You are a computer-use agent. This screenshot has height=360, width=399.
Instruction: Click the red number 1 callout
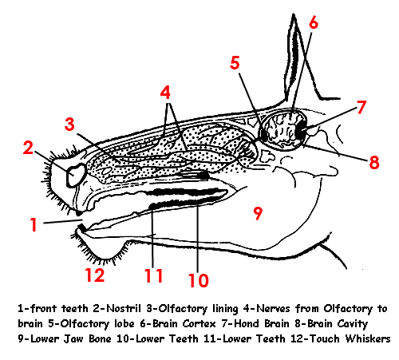pos(34,224)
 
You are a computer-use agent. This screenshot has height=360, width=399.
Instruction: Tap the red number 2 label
pos(28,148)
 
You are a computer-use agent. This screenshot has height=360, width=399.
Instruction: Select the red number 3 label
pos(69,125)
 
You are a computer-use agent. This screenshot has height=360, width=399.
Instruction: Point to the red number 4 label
pos(165,93)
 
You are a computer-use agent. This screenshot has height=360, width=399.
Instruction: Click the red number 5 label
pos(235,63)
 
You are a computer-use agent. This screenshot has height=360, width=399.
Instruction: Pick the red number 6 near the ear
pos(314,22)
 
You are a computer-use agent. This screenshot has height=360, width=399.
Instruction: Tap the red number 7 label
pos(361,107)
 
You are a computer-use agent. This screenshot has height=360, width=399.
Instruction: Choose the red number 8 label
pos(374,162)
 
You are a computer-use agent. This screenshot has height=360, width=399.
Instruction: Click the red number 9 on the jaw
pos(258,213)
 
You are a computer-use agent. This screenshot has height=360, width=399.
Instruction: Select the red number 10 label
pos(199,280)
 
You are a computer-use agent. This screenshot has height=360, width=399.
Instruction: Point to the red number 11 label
pos(153,275)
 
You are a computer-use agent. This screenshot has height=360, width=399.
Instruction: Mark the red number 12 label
pos(95,275)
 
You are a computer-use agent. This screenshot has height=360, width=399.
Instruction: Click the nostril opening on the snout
pos(76,176)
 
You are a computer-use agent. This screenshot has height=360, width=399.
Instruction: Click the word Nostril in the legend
pos(124,309)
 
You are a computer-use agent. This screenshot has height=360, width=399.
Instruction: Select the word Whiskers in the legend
pos(368,338)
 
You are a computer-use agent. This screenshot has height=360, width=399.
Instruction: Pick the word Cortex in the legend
pos(199,324)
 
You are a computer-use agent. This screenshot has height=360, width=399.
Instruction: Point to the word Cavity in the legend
pos(353,324)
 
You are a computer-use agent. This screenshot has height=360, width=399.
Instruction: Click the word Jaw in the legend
pos(73,338)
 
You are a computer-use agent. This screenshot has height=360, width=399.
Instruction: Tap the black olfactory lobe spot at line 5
pos(264,135)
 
